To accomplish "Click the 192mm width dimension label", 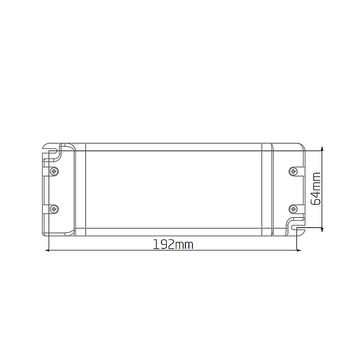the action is point(173,245).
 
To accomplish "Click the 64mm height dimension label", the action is point(316,188).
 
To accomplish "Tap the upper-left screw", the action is point(54,171).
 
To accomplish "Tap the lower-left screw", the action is point(54,209).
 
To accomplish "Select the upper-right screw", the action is point(293,171).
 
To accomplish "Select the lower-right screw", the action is point(293,209).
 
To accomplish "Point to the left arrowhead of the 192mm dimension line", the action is point(47,250).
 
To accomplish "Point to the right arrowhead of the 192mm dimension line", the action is point(299,250).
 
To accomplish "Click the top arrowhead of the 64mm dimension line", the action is point(322,149).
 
